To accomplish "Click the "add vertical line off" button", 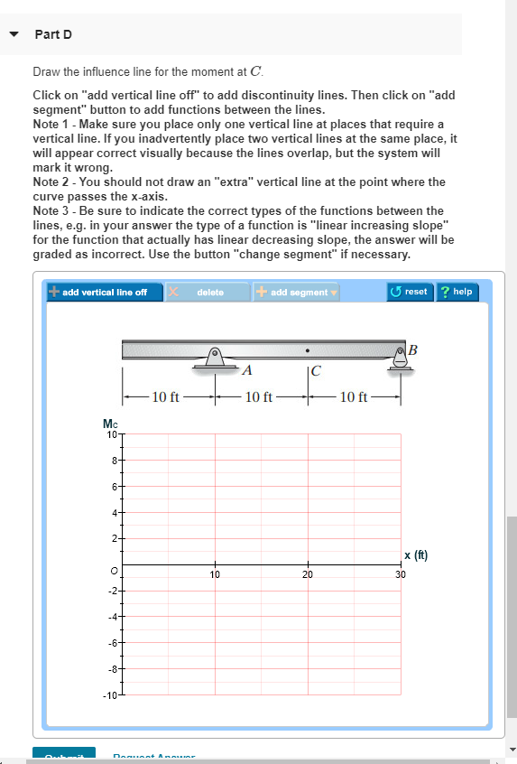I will pos(98,292).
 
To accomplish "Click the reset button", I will pos(410,292).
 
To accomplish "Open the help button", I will pos(457,292).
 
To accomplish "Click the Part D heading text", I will pos(53,34).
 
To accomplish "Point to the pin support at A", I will pos(216,359).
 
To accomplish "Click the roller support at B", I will pos(399,359).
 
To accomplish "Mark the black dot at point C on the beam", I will pos(309,349).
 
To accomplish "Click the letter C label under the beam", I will pos(315,369).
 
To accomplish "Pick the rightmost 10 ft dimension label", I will pos(353,396).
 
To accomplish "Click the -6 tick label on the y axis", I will pos(112,644).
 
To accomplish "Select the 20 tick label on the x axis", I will pos(308,573).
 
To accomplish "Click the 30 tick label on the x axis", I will pos(401,573).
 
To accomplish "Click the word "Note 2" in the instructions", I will pos(51,182).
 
